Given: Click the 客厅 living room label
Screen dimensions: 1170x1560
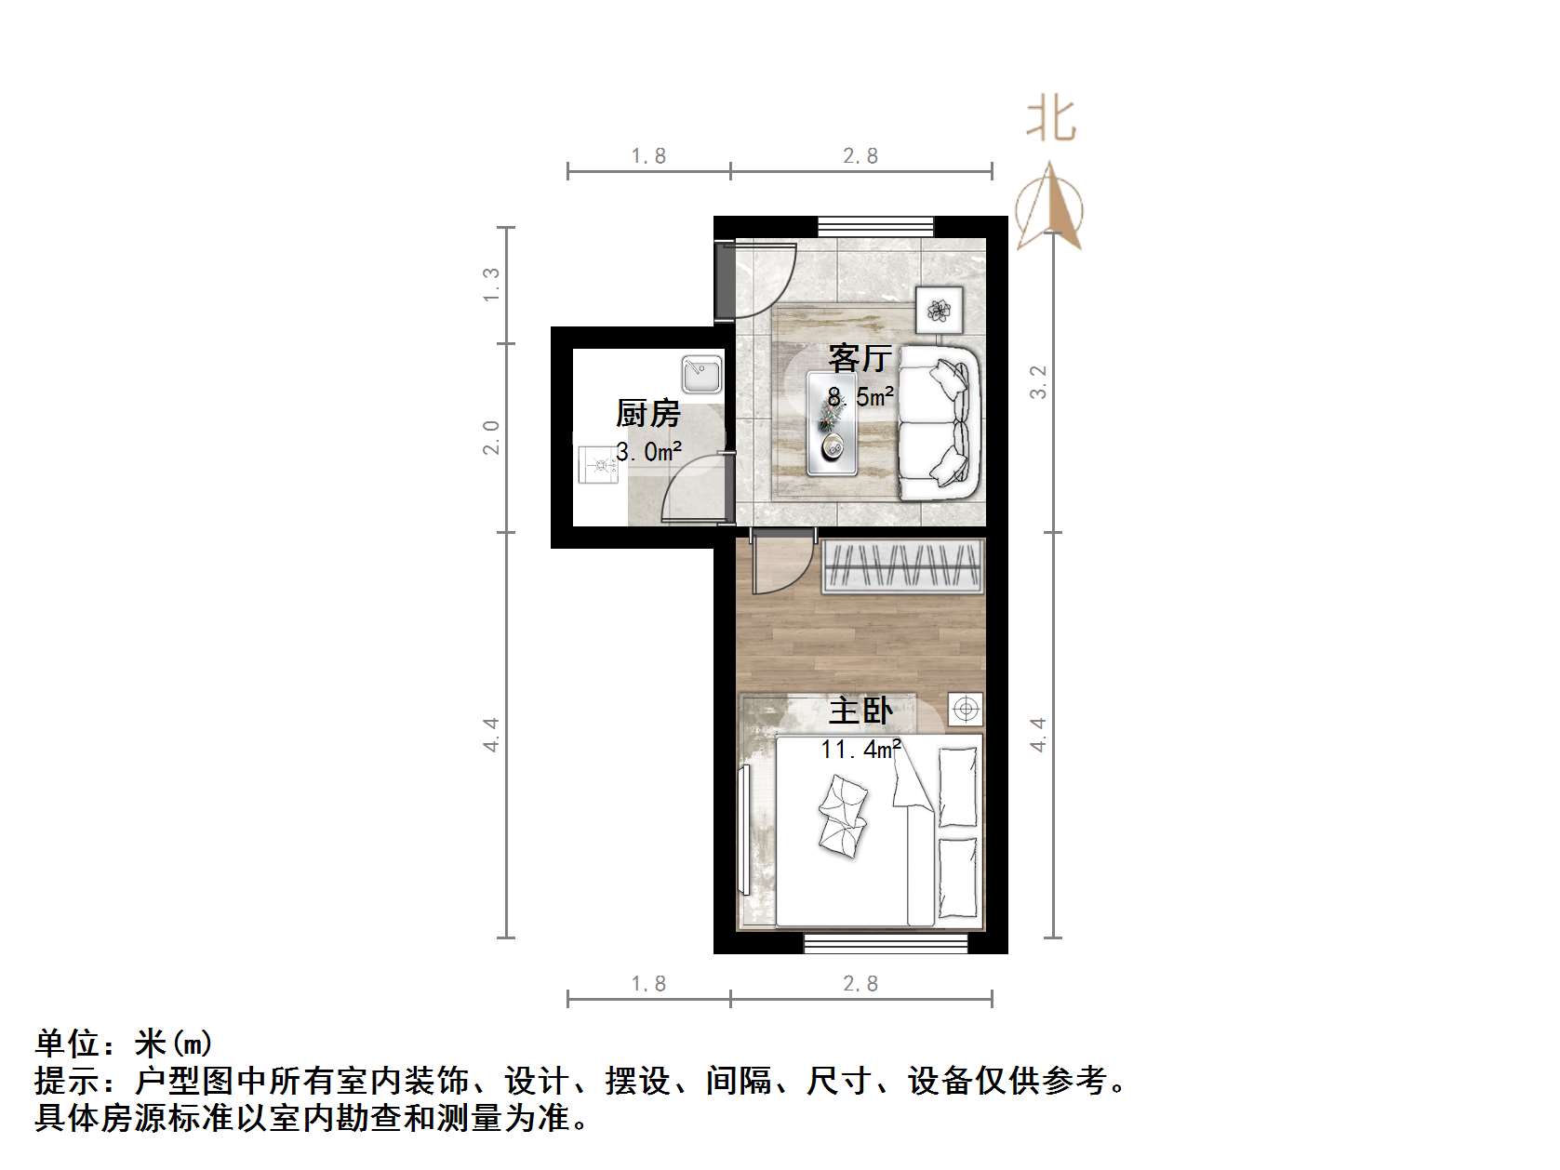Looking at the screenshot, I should (x=860, y=358).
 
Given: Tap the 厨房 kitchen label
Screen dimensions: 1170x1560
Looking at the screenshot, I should (x=648, y=414).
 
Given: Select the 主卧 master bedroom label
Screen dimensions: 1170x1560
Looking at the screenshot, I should (x=860, y=711).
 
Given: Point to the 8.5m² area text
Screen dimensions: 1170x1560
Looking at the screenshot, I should (x=861, y=397).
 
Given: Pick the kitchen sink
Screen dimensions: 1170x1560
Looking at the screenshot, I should (x=701, y=375).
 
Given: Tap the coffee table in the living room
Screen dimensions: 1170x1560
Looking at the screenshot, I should (x=832, y=424).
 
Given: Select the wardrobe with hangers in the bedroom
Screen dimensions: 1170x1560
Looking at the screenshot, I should (x=902, y=565).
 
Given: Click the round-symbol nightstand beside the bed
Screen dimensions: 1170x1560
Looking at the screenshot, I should (x=967, y=711).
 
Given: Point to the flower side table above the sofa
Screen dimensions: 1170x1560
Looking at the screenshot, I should (x=939, y=309).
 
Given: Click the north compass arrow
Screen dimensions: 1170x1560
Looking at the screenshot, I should (x=1049, y=206).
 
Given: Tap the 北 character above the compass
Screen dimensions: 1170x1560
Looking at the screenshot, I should (x=1051, y=120).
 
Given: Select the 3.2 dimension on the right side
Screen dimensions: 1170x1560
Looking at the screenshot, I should (x=1038, y=381).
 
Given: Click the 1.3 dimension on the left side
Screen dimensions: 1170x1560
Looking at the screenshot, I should (x=491, y=284).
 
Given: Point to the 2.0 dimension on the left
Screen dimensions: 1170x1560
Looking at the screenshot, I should (x=491, y=437).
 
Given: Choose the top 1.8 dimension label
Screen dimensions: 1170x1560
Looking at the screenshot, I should (x=648, y=156).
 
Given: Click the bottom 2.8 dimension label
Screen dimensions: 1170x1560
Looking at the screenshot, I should (x=860, y=984).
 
